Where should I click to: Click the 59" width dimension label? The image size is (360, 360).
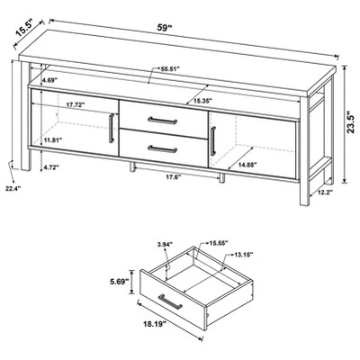click(x=165, y=28)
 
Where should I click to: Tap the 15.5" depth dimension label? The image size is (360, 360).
click(x=25, y=28)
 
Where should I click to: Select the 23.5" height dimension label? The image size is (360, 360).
click(x=351, y=122)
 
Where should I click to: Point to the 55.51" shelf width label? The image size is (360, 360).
click(x=170, y=68)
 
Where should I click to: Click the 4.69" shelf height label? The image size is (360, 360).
click(x=49, y=80)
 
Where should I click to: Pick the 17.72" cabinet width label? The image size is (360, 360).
click(x=76, y=105)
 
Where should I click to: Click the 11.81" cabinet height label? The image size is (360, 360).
click(x=52, y=139)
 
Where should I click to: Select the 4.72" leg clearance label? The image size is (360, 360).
click(x=50, y=167)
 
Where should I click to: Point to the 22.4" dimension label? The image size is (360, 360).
click(x=13, y=189)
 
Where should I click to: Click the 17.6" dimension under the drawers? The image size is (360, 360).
click(x=174, y=177)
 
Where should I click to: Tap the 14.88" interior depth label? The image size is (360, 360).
click(x=247, y=165)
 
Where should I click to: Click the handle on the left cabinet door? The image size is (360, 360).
click(x=111, y=128)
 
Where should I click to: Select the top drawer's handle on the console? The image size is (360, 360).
click(x=162, y=121)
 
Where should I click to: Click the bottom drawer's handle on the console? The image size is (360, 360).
click(x=162, y=149)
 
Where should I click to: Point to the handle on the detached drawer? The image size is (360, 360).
click(x=170, y=301)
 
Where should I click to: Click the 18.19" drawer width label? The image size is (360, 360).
click(x=154, y=324)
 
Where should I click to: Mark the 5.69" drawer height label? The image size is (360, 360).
click(x=119, y=282)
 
